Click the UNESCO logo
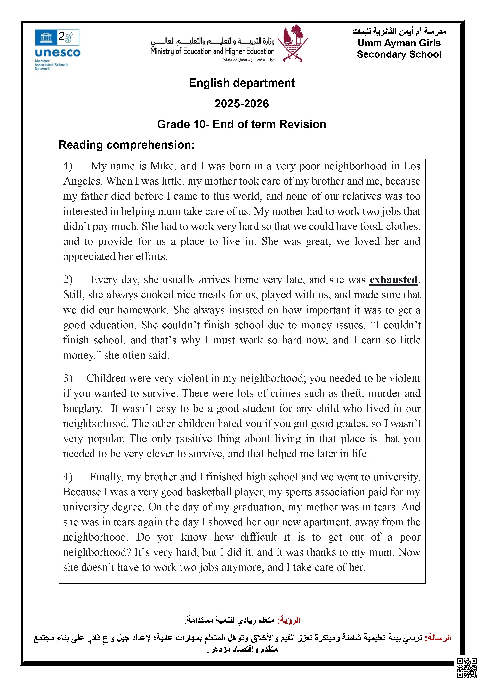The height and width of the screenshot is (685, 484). pos(57,49)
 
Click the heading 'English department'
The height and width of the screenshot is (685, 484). pos(242,83)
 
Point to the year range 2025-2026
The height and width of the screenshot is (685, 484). pos(242,103)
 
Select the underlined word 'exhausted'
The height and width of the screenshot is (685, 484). pos(393,280)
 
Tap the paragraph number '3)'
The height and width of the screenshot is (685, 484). pos(68,378)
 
